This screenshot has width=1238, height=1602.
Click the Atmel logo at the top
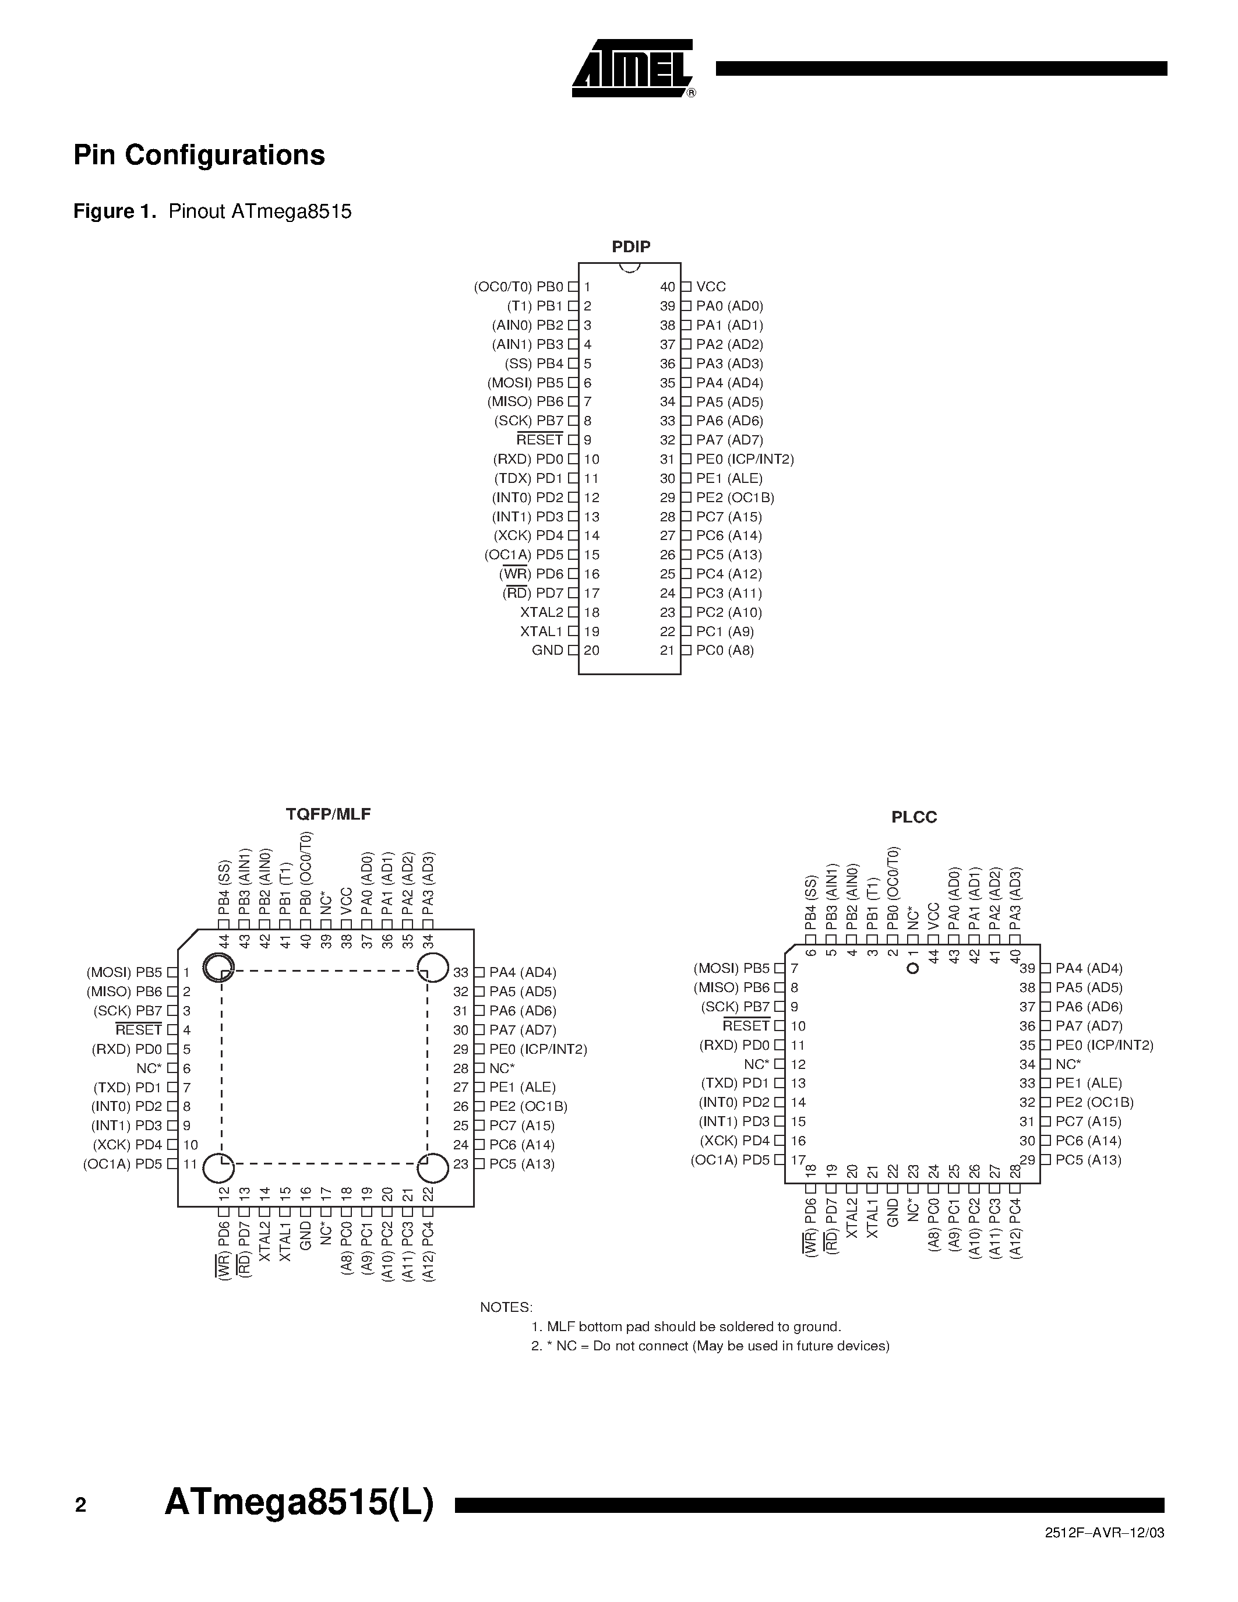click(632, 68)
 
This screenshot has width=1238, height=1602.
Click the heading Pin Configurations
click(199, 155)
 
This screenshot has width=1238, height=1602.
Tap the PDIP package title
click(631, 247)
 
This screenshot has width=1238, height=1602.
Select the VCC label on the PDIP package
click(711, 287)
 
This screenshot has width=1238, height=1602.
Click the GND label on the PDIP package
click(547, 651)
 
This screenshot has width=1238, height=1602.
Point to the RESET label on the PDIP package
click(540, 440)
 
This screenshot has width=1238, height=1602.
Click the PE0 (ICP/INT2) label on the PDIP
click(745, 459)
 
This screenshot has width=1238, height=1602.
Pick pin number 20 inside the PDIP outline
click(592, 651)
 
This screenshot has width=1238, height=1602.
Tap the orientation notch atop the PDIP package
click(629, 267)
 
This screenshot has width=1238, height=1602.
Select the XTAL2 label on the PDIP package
click(541, 612)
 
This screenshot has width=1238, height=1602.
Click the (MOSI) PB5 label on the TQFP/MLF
click(124, 973)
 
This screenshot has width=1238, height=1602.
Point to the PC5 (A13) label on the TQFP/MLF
click(521, 1164)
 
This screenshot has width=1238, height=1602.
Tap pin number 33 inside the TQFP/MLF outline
click(461, 973)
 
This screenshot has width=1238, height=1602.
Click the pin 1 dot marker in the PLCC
click(913, 969)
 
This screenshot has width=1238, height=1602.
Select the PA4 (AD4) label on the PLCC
click(1088, 968)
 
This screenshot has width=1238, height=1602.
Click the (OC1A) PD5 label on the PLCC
click(731, 1160)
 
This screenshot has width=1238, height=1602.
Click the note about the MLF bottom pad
click(686, 1327)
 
